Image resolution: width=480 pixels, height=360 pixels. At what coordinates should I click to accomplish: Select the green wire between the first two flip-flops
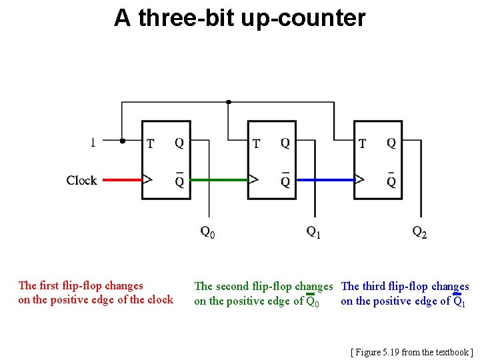[x=219, y=179]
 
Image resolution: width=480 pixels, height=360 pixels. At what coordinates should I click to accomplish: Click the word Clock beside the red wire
[x=81, y=180]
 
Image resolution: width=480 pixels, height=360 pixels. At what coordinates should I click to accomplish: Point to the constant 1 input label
[x=93, y=141]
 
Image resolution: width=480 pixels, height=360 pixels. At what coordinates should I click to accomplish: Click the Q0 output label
[x=207, y=232]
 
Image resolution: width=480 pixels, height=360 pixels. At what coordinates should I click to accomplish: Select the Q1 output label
[x=313, y=232]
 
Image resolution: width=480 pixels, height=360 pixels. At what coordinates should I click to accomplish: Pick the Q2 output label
[x=419, y=232]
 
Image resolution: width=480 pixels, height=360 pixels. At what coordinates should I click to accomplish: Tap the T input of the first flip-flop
[x=150, y=143]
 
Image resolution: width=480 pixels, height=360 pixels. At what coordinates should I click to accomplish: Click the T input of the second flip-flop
[x=256, y=143]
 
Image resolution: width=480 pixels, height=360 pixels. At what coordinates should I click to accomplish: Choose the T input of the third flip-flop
[x=362, y=143]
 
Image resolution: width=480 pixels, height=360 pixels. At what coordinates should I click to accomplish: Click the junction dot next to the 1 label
[x=122, y=141]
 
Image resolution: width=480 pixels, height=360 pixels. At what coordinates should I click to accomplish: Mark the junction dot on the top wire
[x=229, y=102]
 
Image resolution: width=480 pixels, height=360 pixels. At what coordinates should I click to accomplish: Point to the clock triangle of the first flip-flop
[x=147, y=179]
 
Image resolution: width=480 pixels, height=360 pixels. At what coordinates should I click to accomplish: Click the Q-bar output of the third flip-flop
[x=391, y=181]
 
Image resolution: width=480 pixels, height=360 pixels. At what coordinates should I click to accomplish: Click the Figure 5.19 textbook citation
[x=412, y=351]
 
